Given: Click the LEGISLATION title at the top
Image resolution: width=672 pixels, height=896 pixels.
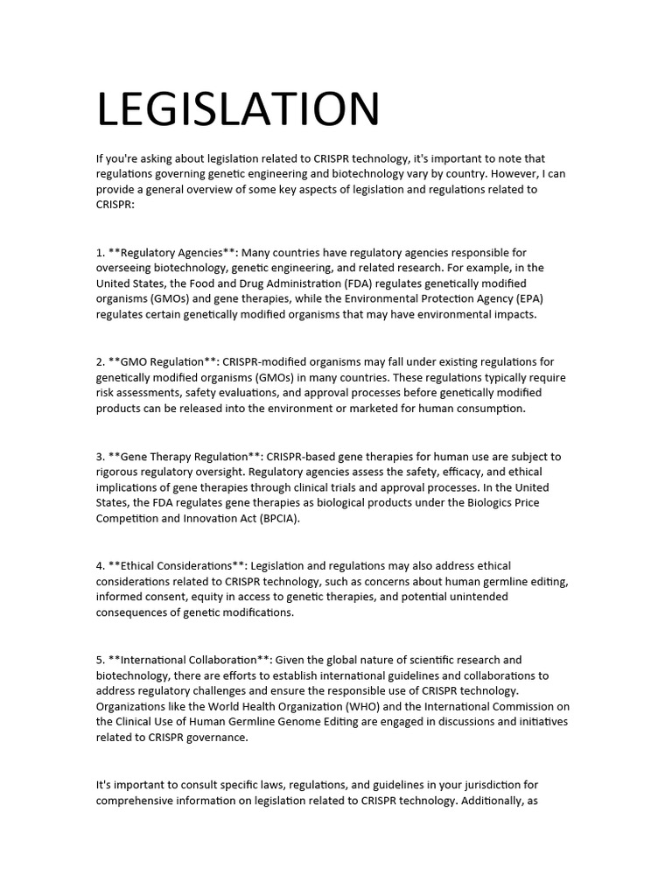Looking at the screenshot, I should click(x=238, y=109).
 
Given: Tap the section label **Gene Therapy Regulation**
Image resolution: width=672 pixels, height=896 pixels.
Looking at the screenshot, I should click(x=185, y=457).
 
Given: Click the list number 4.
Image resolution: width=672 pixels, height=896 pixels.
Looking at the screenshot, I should click(x=100, y=566).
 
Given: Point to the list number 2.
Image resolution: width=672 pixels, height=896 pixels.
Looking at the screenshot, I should click(x=100, y=362).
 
